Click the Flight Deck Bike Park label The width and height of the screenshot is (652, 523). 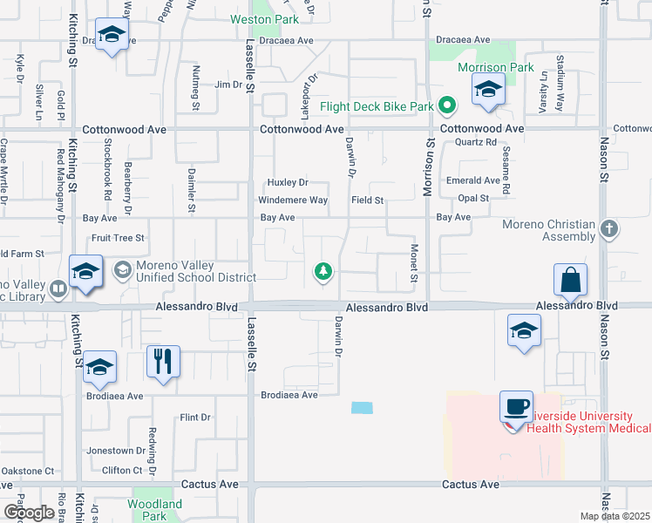point(377,107)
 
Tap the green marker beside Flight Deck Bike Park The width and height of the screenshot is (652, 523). point(448,107)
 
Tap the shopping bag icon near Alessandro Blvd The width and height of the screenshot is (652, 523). point(570,281)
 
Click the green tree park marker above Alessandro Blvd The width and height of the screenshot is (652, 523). point(323,272)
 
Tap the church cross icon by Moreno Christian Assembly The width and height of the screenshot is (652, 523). point(609,230)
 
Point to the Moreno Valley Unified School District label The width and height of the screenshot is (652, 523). point(196,271)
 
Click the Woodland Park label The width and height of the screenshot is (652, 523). point(155,509)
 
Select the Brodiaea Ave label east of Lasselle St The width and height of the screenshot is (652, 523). point(289,395)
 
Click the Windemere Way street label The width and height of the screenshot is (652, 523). point(296,200)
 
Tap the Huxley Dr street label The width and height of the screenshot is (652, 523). point(288,182)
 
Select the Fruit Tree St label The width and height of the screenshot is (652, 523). point(118,237)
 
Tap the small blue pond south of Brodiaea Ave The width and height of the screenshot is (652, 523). point(361,408)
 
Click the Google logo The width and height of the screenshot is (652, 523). point(29,513)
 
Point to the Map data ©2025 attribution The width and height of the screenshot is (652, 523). point(615,516)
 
